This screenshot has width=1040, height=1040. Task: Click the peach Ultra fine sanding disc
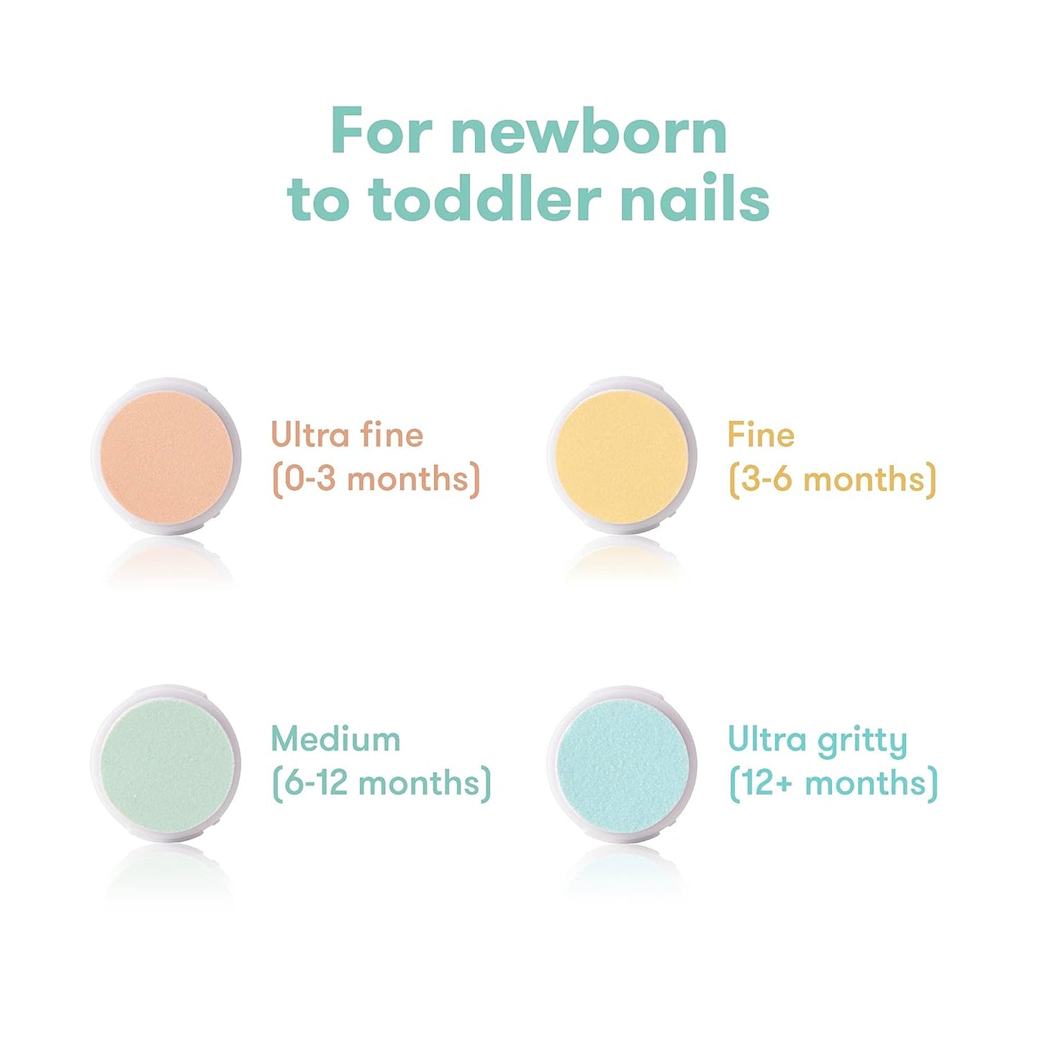click(x=166, y=456)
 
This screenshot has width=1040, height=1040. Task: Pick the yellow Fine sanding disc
click(x=622, y=456)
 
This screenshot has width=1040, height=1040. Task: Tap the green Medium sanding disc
click(x=166, y=762)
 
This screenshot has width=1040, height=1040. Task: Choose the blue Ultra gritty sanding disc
click(x=622, y=762)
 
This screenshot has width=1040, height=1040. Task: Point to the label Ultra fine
click(x=347, y=435)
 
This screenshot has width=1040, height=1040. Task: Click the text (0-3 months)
click(x=376, y=479)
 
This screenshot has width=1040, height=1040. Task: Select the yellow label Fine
click(x=761, y=435)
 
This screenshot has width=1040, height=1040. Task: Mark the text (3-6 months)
click(x=832, y=479)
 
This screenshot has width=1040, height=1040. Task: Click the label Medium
click(x=335, y=739)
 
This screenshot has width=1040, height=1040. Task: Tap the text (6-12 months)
click(x=381, y=783)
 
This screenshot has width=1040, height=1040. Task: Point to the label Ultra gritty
click(x=818, y=741)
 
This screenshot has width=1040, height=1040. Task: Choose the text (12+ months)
click(x=833, y=783)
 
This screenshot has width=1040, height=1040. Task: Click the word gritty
click(x=862, y=742)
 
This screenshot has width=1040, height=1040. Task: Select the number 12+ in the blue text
click(x=767, y=783)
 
